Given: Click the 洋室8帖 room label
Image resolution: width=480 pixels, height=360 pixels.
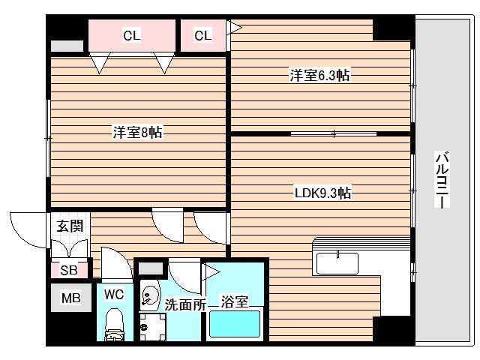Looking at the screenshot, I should coord(137,132).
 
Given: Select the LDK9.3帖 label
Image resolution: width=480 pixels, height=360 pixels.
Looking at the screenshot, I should coord(322,193).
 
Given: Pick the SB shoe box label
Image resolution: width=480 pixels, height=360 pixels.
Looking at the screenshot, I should coord(68,269).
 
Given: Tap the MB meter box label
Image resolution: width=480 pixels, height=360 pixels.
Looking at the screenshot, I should coord(70,298).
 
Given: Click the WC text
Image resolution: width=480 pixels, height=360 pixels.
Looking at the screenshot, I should coord(114,294).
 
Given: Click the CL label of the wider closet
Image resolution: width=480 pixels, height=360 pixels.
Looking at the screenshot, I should coord(131,34).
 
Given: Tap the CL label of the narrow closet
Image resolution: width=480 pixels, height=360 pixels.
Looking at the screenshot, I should coord(203,34).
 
